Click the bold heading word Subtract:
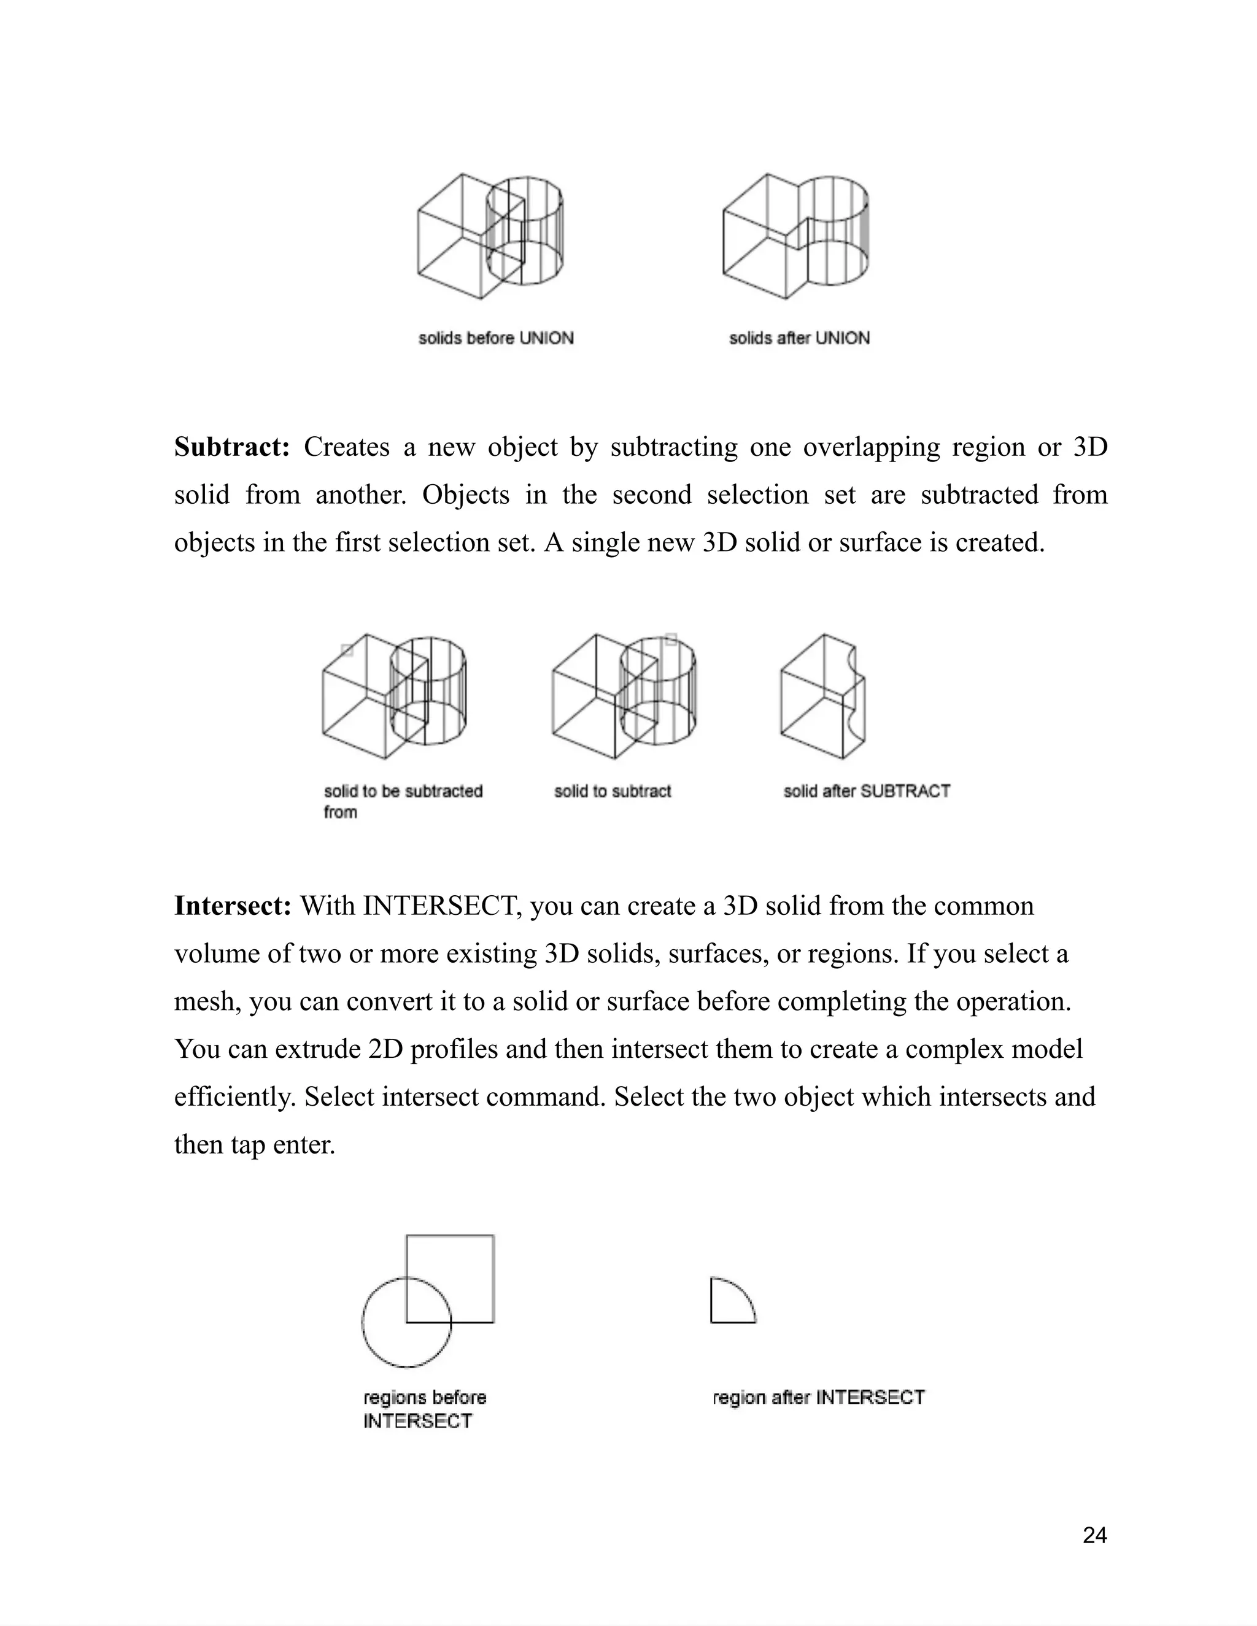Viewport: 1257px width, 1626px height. (x=231, y=447)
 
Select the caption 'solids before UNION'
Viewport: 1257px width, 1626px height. (x=496, y=338)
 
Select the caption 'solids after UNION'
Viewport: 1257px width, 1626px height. (x=799, y=338)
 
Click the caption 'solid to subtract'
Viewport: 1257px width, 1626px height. (x=612, y=792)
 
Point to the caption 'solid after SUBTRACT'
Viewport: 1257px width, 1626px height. (x=867, y=792)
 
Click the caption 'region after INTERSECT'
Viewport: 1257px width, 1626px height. (x=818, y=1397)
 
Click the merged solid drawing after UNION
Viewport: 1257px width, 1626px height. (x=795, y=236)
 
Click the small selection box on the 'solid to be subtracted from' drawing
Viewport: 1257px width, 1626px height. (x=347, y=650)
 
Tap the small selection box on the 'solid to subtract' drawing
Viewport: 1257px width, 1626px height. (x=670, y=639)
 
